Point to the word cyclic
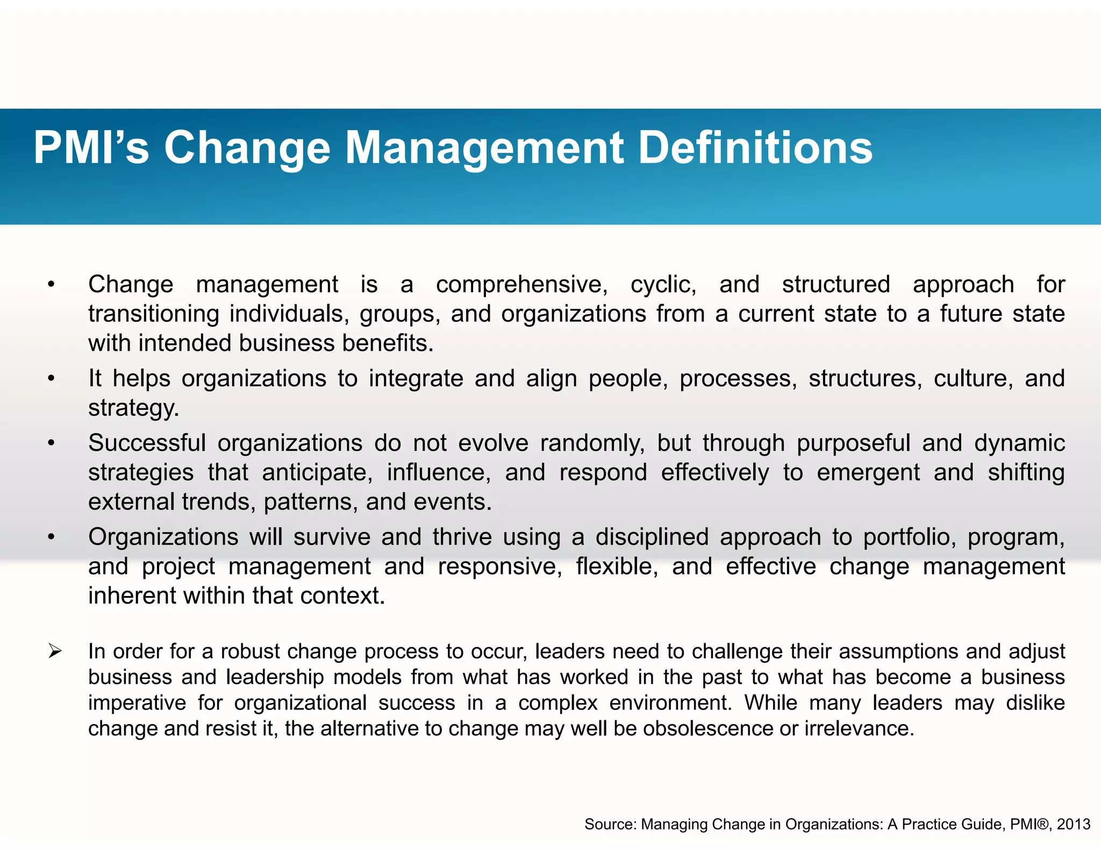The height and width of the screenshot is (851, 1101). point(663,285)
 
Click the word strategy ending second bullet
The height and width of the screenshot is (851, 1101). point(133,408)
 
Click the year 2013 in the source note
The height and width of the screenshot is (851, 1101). point(1073,824)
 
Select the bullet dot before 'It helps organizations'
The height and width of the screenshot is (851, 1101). point(51,379)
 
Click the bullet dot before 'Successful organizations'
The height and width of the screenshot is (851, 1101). point(51,443)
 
